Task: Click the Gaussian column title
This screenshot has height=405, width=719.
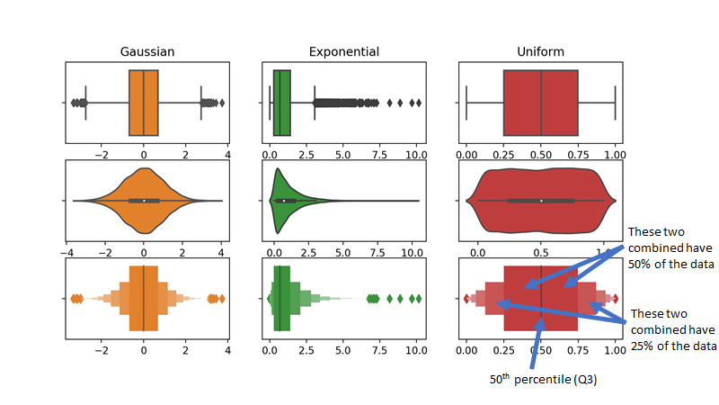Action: point(147,52)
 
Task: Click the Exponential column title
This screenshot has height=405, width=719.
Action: point(343,52)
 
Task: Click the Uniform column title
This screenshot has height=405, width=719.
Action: point(541,52)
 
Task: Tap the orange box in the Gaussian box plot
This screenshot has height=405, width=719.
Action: point(144,103)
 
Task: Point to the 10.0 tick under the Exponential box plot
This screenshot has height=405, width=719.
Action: point(415,156)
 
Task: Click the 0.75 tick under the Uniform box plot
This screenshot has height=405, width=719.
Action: point(578,156)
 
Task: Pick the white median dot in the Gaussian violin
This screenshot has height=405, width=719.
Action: point(144,200)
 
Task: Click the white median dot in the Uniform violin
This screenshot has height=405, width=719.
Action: point(541,200)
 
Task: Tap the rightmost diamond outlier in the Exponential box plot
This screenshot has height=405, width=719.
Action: point(418,103)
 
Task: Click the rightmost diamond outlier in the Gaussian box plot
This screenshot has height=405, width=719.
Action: point(222,103)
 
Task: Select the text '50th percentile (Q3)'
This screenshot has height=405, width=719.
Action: point(543,380)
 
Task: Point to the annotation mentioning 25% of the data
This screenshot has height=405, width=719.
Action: point(673,329)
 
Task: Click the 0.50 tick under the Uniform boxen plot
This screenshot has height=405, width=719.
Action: point(541,351)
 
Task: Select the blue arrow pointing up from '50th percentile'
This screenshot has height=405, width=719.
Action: point(538,342)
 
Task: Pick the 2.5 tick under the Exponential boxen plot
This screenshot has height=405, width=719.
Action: point(306,351)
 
